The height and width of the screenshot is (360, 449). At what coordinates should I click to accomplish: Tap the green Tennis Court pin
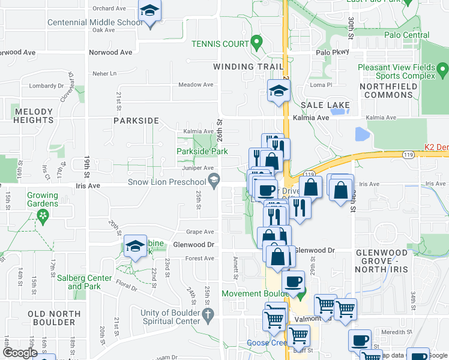click(x=257, y=43)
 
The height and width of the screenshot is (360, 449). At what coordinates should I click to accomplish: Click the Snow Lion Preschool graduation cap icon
click(x=213, y=181)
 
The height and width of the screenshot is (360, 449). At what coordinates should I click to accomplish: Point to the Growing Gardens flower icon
click(x=42, y=215)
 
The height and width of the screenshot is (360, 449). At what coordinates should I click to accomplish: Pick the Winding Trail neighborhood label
click(x=240, y=66)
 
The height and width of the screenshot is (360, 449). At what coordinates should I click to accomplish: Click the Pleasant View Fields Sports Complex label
click(x=396, y=72)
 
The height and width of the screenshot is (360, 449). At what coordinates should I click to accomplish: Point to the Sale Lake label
click(x=325, y=105)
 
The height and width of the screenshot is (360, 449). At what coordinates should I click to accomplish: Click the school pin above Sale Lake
click(x=279, y=91)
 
